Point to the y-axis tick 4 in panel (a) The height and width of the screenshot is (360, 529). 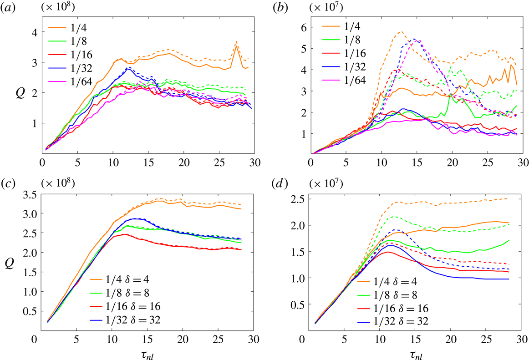point(28,32)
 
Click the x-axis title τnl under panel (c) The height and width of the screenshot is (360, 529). point(144,352)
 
